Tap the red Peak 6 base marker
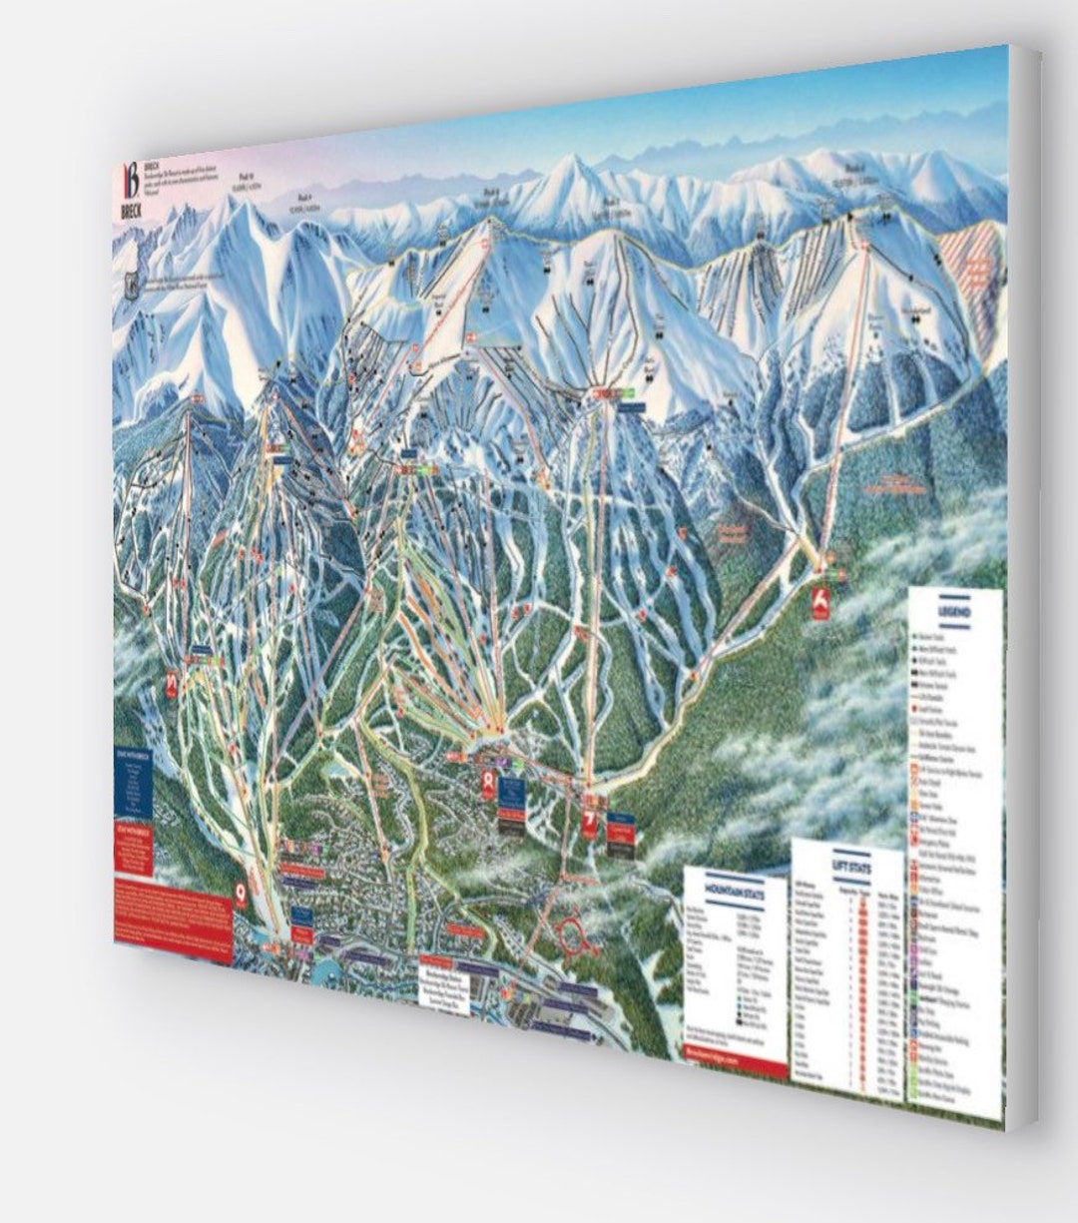(x=820, y=605)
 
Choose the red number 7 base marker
(x=589, y=825)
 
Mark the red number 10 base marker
(x=171, y=685)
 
